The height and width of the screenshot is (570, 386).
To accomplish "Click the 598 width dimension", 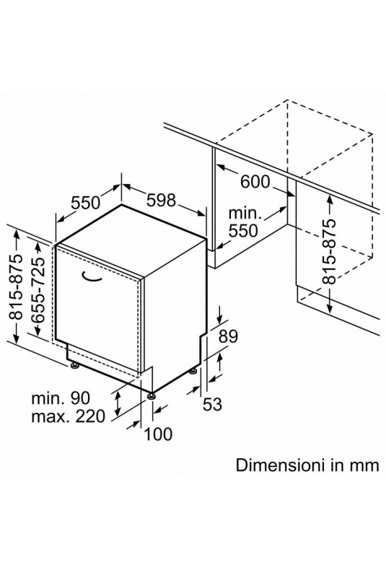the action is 161,200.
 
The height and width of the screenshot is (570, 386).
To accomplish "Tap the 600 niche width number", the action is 255,182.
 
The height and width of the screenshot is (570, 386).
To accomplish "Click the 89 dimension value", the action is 228,336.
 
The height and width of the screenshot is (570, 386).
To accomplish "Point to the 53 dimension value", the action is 212,404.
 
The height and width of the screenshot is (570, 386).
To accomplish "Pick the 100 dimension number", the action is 159,434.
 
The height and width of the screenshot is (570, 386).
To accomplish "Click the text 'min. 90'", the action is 61,398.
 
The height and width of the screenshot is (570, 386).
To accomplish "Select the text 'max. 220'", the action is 69,416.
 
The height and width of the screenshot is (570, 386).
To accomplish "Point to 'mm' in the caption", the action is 364,465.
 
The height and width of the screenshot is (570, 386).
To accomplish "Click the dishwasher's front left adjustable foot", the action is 75,365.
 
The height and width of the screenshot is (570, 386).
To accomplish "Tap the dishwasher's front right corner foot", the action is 152,395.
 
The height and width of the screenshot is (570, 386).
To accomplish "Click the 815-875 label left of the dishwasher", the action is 16,287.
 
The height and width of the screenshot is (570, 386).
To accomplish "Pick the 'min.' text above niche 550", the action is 245,214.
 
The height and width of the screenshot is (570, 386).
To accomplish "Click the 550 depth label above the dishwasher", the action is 85,203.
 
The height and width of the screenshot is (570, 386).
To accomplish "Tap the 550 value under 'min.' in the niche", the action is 243,230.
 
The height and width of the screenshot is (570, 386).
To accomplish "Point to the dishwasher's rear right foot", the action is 193,371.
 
